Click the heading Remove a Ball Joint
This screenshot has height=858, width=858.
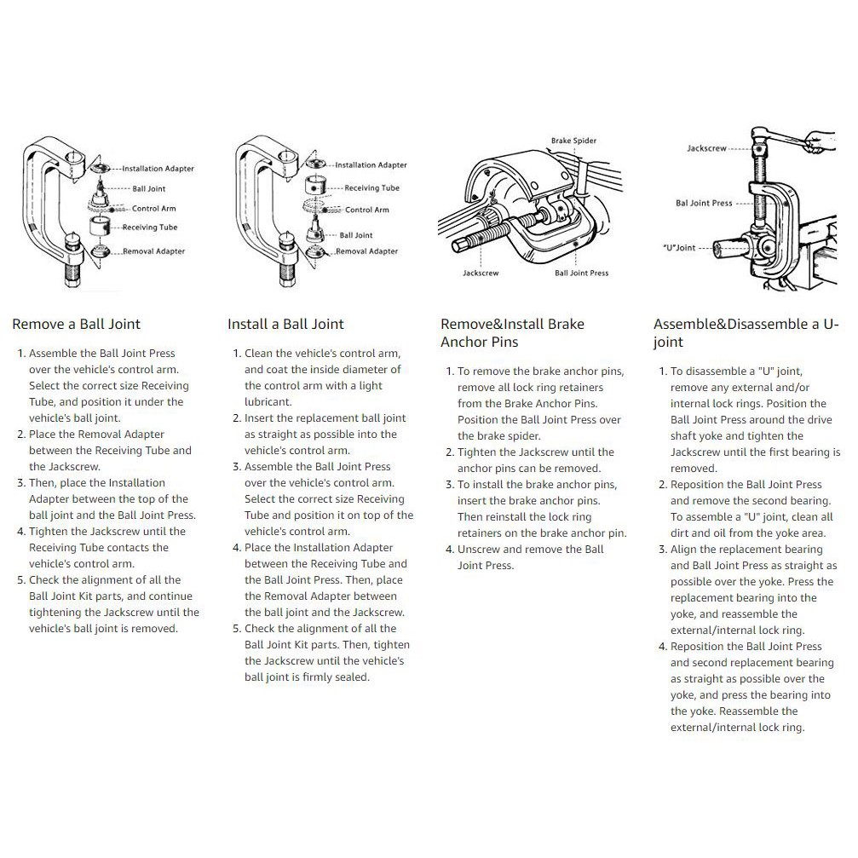[76, 324]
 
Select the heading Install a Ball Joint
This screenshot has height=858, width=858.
[285, 324]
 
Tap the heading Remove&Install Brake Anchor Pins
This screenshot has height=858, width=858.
[512, 332]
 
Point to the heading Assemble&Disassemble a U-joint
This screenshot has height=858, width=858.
[746, 332]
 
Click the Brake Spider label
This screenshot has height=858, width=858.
[573, 141]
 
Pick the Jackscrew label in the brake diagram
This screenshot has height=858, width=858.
[481, 273]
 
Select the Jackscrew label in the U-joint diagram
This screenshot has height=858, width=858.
[706, 148]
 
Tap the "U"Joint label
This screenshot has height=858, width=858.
[679, 247]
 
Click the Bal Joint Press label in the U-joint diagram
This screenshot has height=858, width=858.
[704, 203]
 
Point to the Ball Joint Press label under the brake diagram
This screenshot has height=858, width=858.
[581, 273]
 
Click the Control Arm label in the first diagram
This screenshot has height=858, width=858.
[153, 209]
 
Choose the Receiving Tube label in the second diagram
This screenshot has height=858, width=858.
[372, 187]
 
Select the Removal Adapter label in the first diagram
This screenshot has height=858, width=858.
[153, 251]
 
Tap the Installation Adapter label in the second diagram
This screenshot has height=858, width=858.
[371, 164]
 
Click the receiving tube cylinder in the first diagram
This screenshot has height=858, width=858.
[100, 226]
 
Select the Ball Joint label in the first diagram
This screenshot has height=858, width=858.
[149, 189]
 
